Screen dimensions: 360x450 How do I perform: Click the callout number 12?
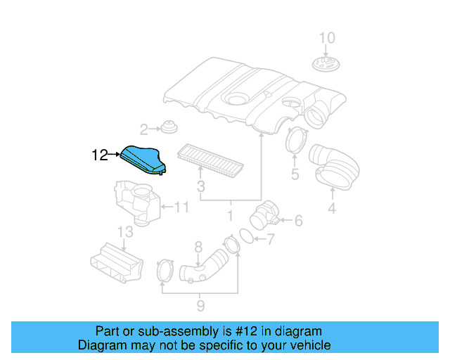[100, 155]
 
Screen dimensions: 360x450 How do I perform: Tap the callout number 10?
[328, 38]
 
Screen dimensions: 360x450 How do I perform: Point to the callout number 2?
[144, 129]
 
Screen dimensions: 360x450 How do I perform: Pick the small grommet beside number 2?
[168, 128]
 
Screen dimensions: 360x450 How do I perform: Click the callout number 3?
[200, 186]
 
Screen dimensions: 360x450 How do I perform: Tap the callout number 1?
[230, 214]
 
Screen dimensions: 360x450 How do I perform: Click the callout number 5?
[295, 174]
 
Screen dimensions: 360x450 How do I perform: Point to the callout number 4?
[331, 208]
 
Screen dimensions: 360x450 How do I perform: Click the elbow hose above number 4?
[335, 166]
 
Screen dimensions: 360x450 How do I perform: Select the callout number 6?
[298, 221]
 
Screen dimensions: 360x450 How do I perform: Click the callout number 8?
[198, 246]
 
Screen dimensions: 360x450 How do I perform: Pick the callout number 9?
[200, 305]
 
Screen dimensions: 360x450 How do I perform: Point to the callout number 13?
[124, 231]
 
